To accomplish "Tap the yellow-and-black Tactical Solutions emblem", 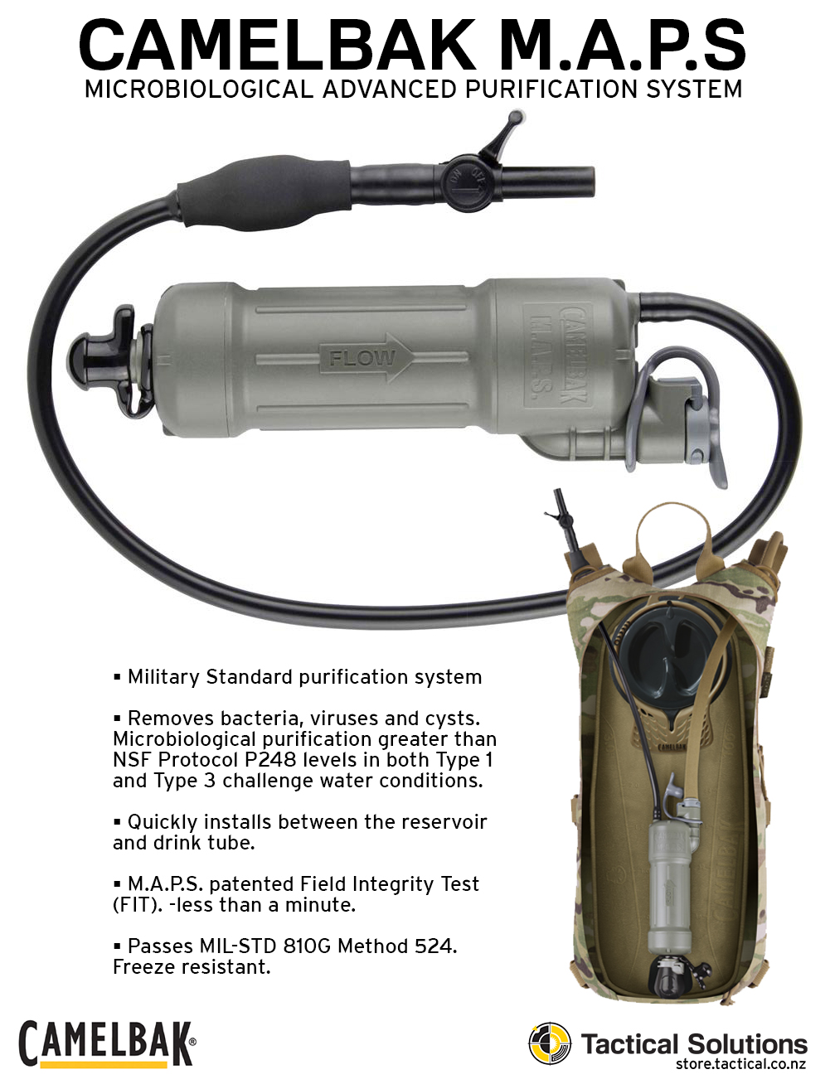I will (550, 1043).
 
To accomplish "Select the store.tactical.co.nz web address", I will (740, 1064).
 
